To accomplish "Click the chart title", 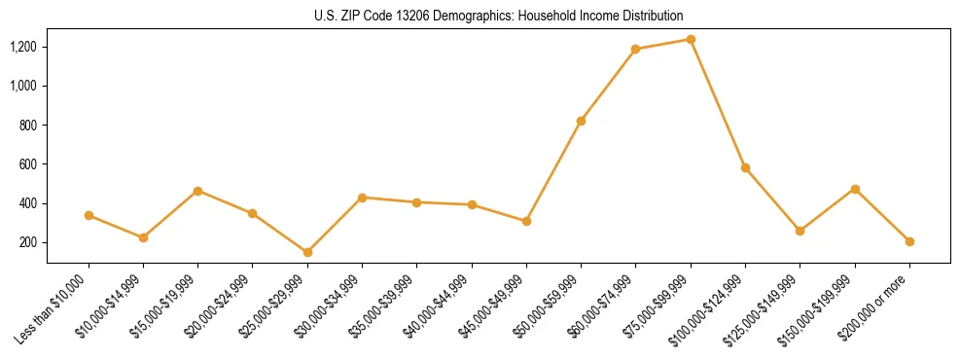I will (x=498, y=16).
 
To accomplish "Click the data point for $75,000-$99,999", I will (x=691, y=39).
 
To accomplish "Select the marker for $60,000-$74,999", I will (x=635, y=49).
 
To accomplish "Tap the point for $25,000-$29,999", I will (x=307, y=252).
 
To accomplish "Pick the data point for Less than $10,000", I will (x=89, y=215).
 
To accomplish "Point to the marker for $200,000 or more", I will (x=909, y=241).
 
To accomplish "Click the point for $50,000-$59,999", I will (x=581, y=121).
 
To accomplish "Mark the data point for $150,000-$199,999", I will (x=855, y=189).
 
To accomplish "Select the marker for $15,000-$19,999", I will (x=197, y=191).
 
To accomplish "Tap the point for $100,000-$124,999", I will (x=745, y=167).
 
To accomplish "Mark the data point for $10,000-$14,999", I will (x=143, y=237).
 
